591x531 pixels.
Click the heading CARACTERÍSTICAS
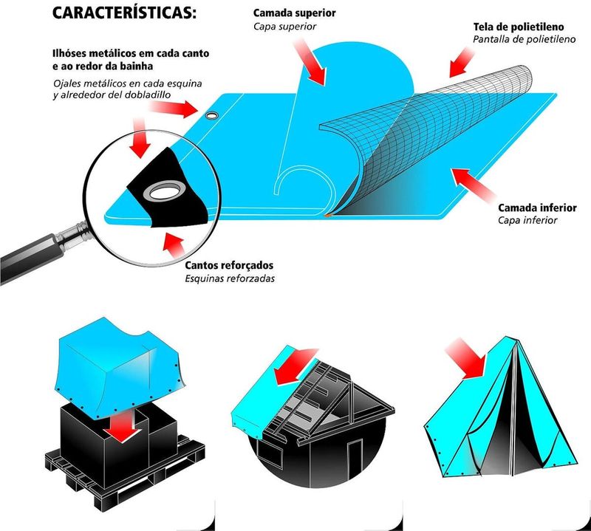[125, 16]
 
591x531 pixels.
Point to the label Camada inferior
[537, 208]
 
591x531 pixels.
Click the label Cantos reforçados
[228, 265]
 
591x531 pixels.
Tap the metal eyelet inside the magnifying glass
[163, 193]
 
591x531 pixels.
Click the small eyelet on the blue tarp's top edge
[212, 116]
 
